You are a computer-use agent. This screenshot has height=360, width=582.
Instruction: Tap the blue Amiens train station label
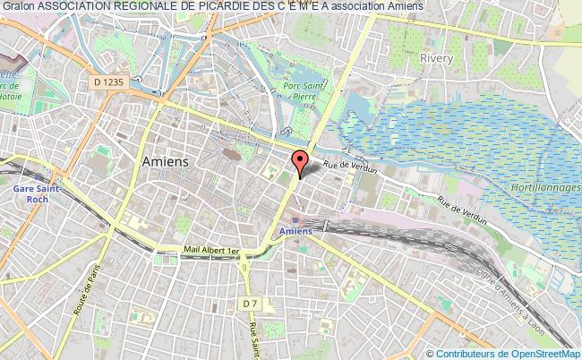click(x=295, y=231)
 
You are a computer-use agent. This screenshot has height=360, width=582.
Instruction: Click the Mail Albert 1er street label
click(x=211, y=253)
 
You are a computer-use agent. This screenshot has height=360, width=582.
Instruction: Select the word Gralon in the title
click(x=18, y=7)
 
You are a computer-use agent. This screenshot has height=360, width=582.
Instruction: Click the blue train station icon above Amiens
click(x=296, y=219)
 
